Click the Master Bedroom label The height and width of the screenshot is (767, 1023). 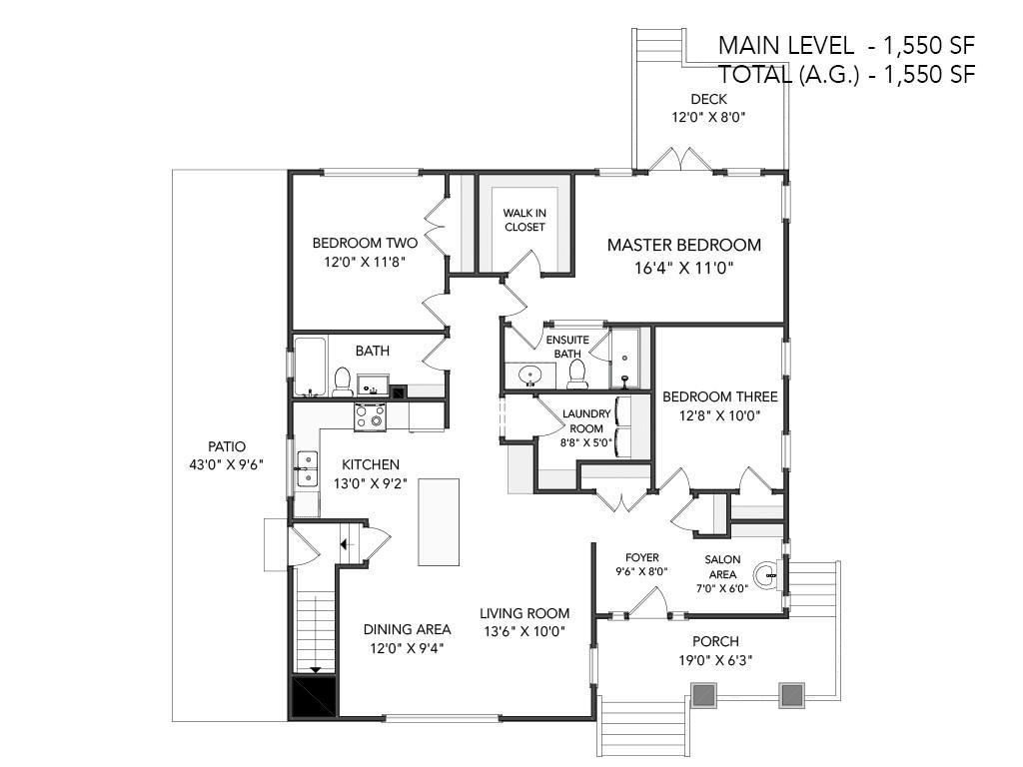click(683, 246)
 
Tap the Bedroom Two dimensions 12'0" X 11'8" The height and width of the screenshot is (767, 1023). click(366, 263)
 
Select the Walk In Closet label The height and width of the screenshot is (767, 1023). click(524, 220)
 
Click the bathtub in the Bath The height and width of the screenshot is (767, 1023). click(310, 367)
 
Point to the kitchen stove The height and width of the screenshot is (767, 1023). click(370, 416)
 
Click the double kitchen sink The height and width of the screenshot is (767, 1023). click(306, 469)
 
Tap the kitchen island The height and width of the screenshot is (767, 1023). click(439, 521)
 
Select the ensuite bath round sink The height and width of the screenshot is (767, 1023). click(529, 376)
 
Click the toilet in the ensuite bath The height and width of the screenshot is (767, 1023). click(576, 374)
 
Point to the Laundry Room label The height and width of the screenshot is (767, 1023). click(586, 421)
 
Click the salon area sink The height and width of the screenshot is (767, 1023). click(766, 575)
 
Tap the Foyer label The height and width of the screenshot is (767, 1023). click(642, 557)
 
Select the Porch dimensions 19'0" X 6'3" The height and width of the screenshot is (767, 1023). click(715, 660)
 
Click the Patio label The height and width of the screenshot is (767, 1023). click(227, 446)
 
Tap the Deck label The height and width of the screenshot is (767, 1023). click(708, 99)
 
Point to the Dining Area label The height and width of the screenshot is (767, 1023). click(408, 629)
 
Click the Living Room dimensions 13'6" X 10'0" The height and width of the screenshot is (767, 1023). click(524, 631)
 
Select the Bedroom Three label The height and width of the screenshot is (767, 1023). click(720, 396)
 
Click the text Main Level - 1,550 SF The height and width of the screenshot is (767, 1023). click(846, 45)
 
